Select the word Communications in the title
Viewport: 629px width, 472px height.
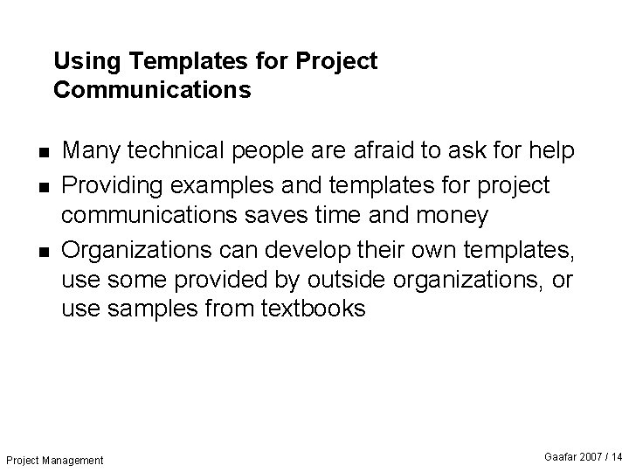coord(152,90)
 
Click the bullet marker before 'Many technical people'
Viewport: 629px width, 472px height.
coord(44,152)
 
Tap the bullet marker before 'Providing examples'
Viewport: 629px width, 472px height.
coord(44,186)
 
